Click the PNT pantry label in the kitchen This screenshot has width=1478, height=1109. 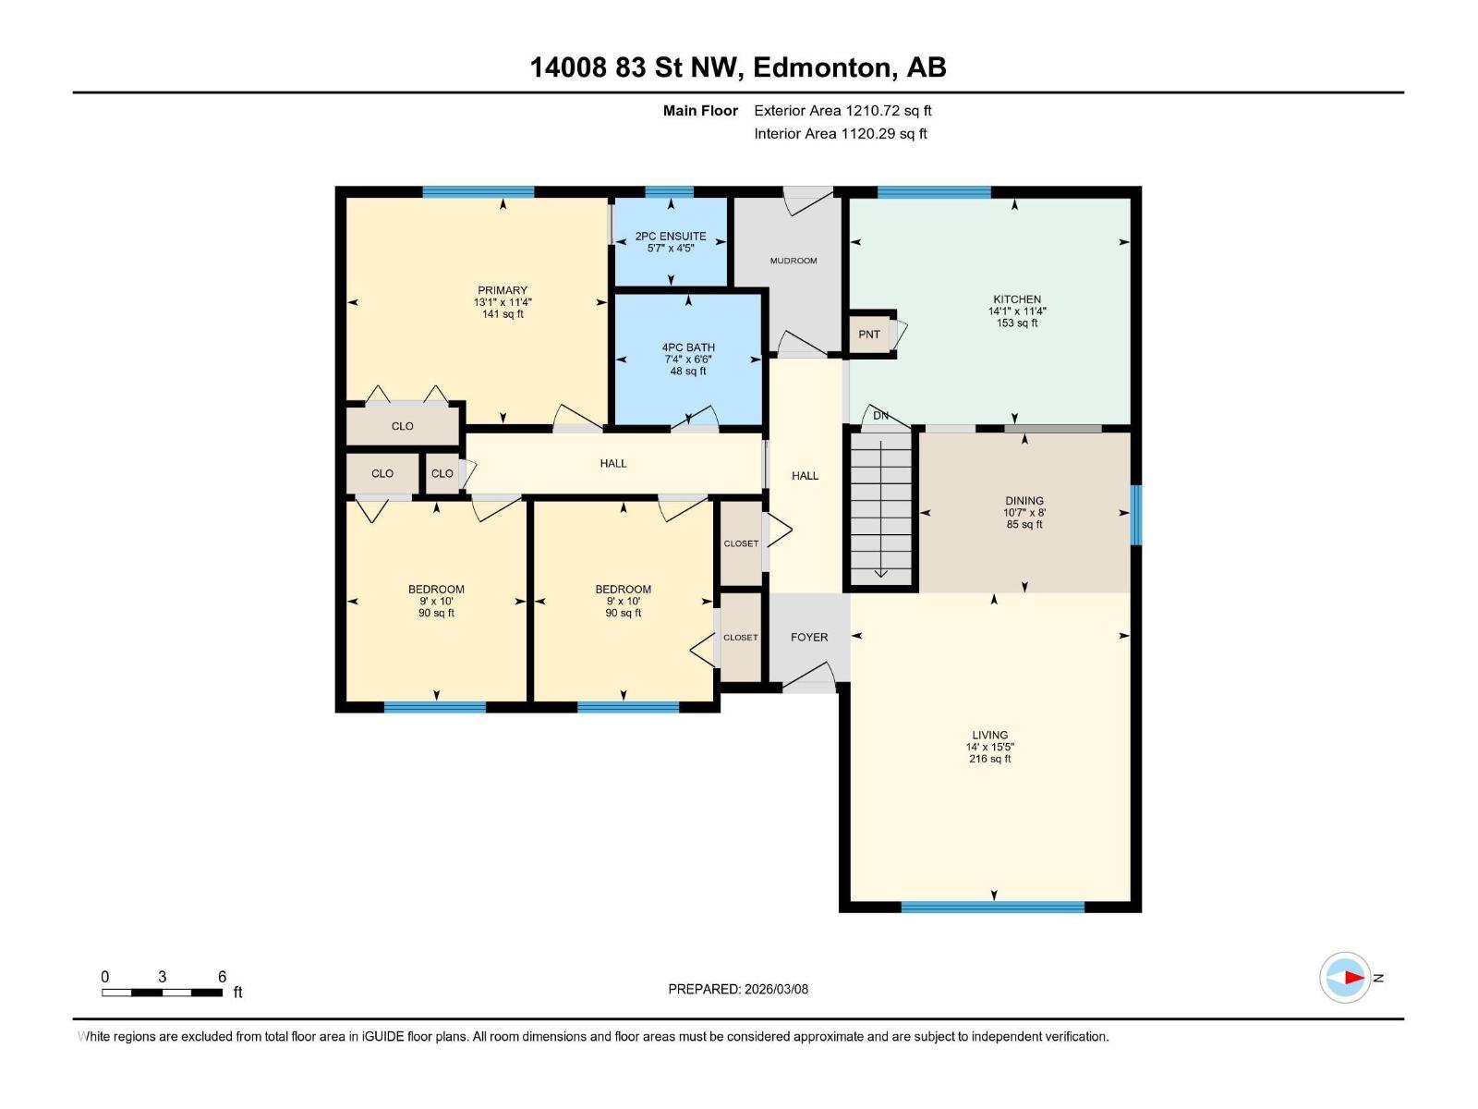click(868, 335)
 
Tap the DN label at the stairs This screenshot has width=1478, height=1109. click(880, 416)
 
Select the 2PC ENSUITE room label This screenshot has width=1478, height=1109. click(671, 237)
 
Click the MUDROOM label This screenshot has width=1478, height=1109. click(794, 261)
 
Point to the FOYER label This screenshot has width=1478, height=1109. click(809, 638)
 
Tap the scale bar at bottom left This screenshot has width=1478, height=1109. click(162, 993)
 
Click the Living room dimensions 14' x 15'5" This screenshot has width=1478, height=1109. click(990, 747)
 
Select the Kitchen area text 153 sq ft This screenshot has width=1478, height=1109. click(1017, 323)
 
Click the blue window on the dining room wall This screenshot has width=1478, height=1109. click(1136, 514)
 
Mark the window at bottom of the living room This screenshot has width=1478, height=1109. click(992, 908)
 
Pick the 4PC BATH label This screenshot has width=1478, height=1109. click(688, 347)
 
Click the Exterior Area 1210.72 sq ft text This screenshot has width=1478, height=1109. click(842, 111)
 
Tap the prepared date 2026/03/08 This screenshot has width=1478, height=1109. click(738, 989)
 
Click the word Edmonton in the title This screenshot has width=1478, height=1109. click(822, 67)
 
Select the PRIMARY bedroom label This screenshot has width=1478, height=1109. click(503, 290)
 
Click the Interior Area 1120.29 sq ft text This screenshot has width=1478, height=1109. click(840, 134)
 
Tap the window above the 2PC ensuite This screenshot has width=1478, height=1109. click(669, 192)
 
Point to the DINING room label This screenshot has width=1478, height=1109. click(1024, 501)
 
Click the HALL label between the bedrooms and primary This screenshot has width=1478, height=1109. click(613, 464)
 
